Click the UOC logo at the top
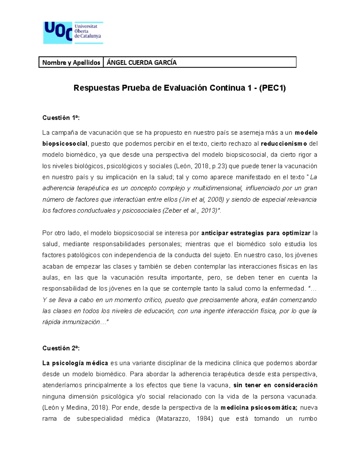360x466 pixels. [x=73, y=33]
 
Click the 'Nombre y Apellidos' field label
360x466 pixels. [x=71, y=62]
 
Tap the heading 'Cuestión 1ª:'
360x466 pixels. [x=61, y=118]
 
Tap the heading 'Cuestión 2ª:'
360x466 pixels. [x=61, y=348]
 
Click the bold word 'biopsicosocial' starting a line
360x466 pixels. [x=65, y=144]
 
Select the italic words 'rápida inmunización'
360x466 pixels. [x=72, y=322]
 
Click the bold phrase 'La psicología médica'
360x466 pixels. [x=75, y=363]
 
